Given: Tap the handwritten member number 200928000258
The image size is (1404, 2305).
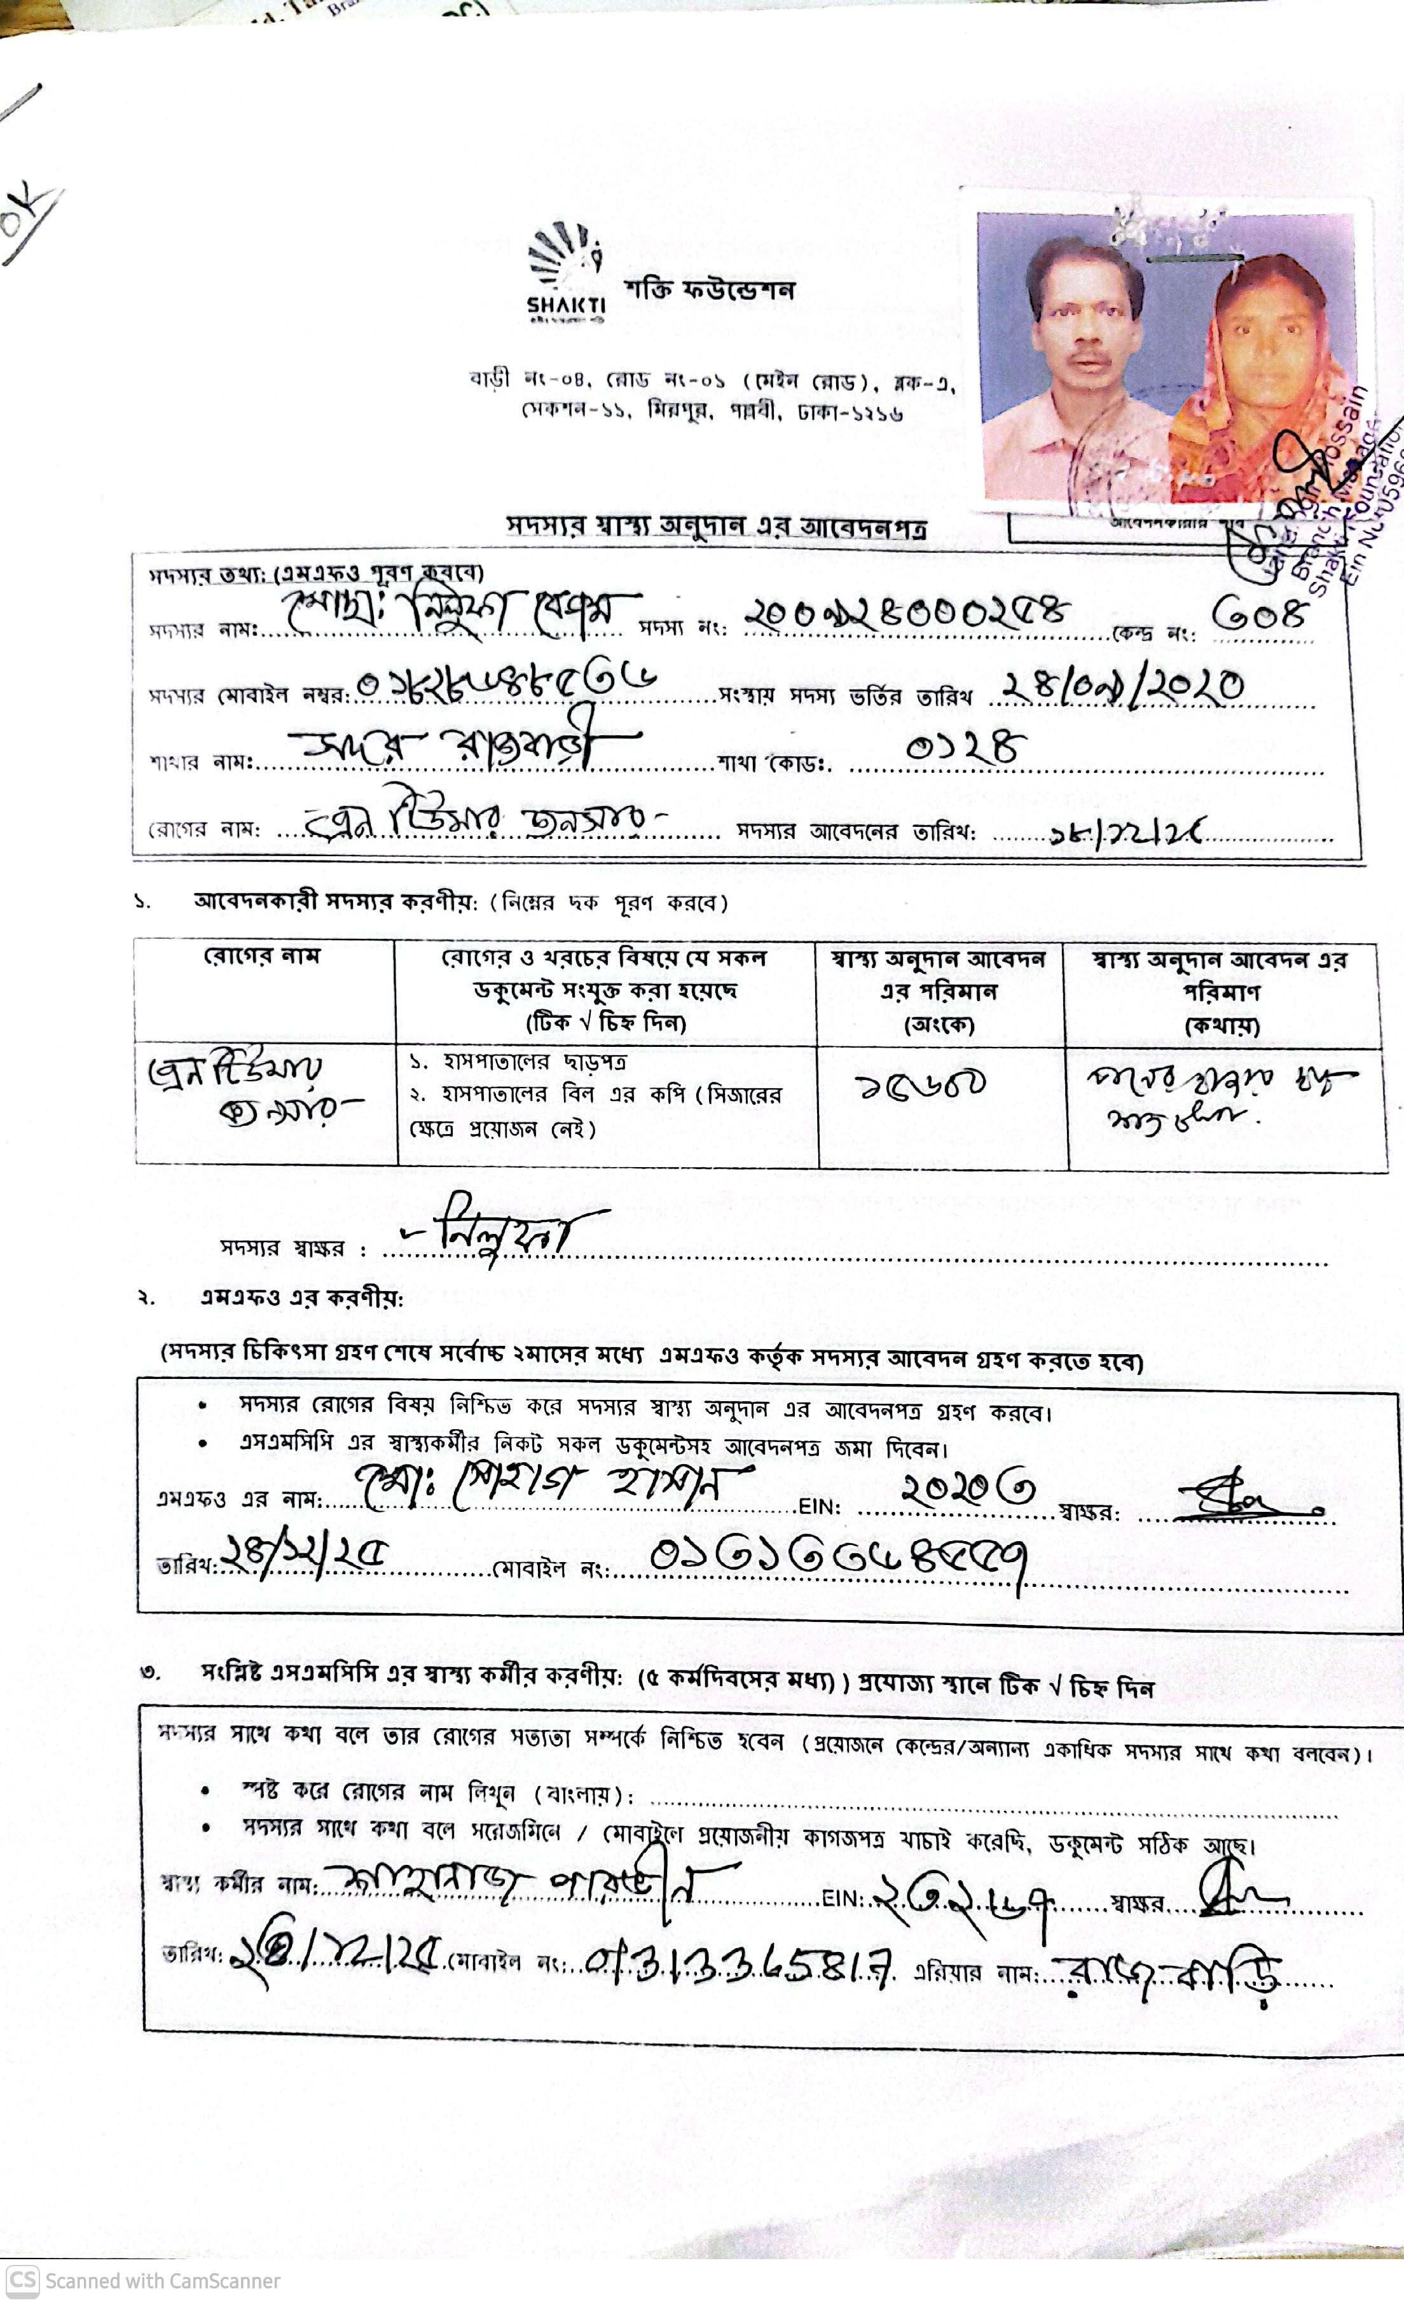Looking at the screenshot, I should (x=905, y=614).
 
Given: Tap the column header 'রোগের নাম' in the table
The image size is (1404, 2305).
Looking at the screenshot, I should (x=263, y=957).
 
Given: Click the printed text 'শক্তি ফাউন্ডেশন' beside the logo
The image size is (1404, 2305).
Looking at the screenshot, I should (x=709, y=290).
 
